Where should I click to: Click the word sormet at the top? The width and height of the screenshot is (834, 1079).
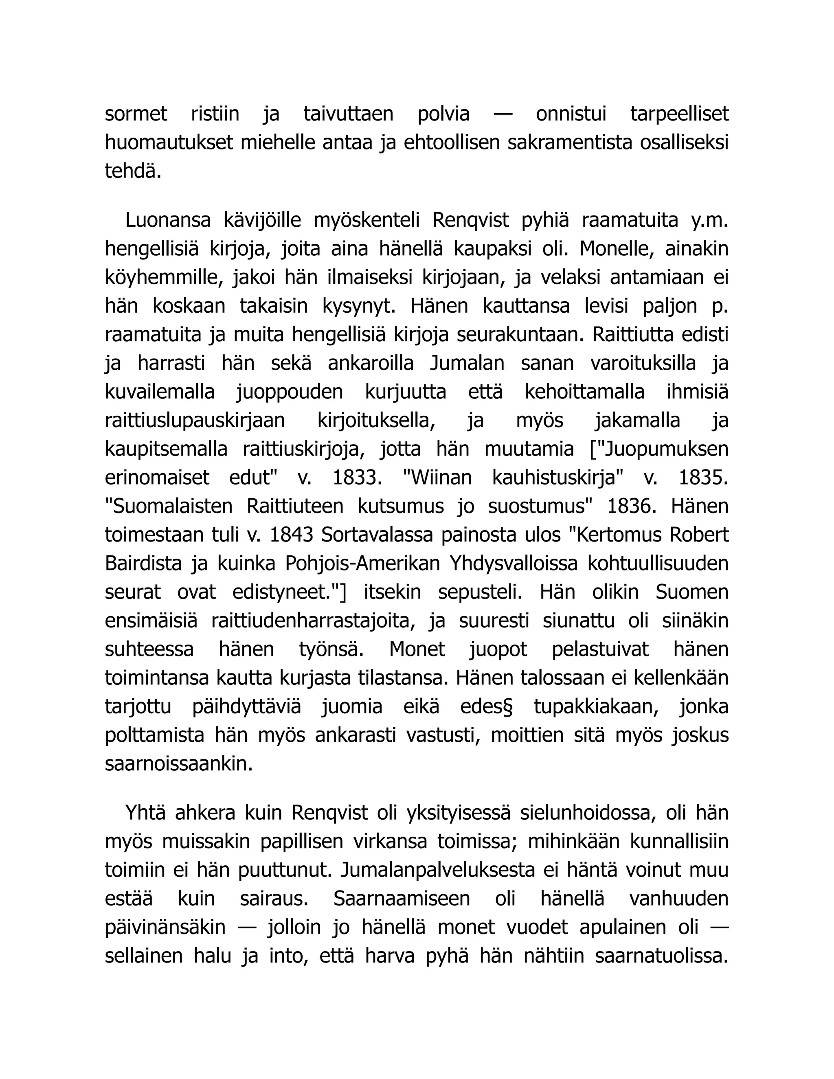136,114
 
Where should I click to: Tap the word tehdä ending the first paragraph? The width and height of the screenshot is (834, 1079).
133,171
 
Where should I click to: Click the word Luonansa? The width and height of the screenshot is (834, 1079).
168,220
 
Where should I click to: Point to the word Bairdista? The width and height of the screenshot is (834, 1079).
144,564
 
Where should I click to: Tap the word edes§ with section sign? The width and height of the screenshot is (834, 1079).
486,707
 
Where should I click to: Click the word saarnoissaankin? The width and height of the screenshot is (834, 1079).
179,764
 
